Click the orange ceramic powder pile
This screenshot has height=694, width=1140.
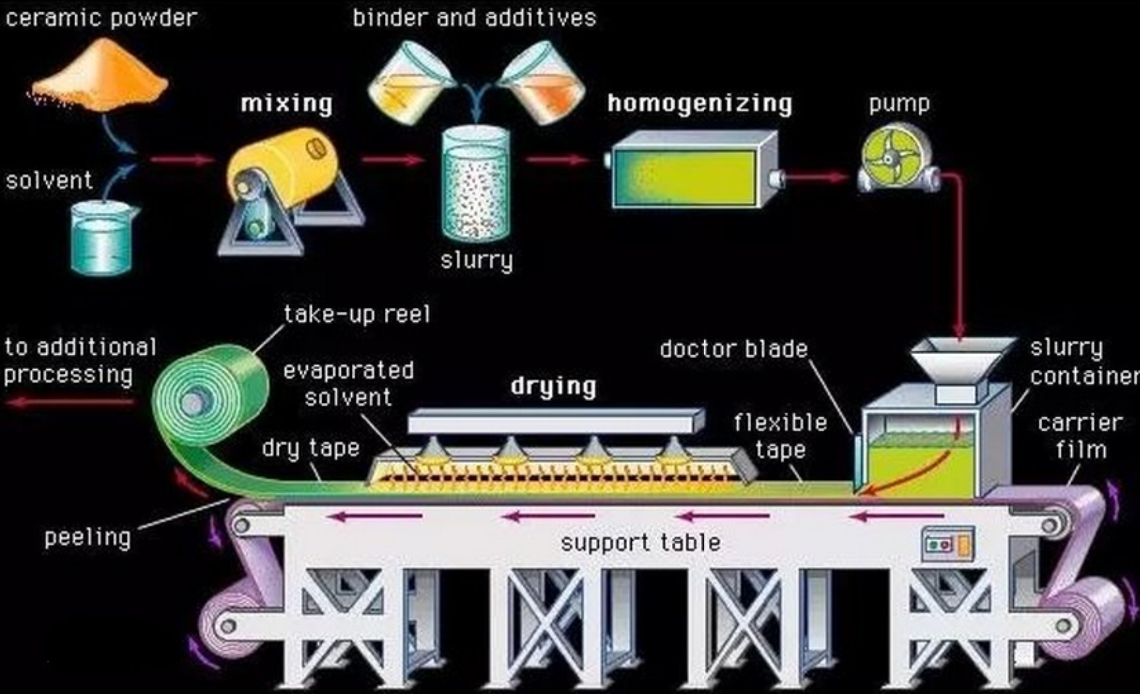click(x=100, y=76)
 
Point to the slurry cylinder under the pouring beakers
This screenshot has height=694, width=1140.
click(x=476, y=185)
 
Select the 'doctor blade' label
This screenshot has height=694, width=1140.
click(x=734, y=349)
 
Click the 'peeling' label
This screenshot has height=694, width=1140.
click(x=87, y=538)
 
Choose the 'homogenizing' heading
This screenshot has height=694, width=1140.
click(x=700, y=104)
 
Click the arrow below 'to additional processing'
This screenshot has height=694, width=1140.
click(x=69, y=402)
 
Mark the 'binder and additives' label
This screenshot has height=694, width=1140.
click(x=474, y=18)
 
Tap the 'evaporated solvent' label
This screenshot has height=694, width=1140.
click(x=348, y=384)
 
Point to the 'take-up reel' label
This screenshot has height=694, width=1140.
click(x=357, y=314)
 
